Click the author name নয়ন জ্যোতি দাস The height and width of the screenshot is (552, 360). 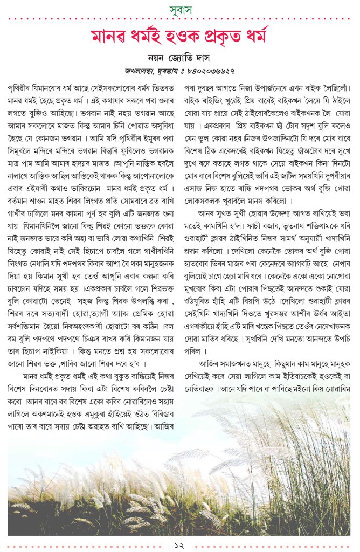point(180,58)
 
